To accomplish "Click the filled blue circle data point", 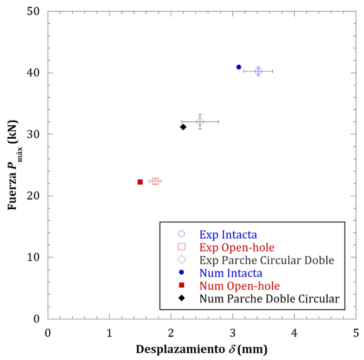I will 238,67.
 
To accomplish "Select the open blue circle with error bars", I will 258,72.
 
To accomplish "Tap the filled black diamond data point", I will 183,127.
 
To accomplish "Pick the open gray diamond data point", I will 200,122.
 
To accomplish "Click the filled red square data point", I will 140,182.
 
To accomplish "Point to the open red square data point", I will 155,181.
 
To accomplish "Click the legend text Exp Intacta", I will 227,234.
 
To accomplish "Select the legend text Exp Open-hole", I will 236,247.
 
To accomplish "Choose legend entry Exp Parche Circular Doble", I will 266,260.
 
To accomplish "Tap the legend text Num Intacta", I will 231,273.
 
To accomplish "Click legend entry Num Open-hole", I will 239,285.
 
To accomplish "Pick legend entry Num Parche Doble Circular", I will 269,299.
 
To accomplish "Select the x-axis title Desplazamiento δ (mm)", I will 201,350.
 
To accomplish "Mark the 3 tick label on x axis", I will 233,332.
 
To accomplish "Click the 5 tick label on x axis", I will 356,332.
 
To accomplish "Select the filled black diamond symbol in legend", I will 181,299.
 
